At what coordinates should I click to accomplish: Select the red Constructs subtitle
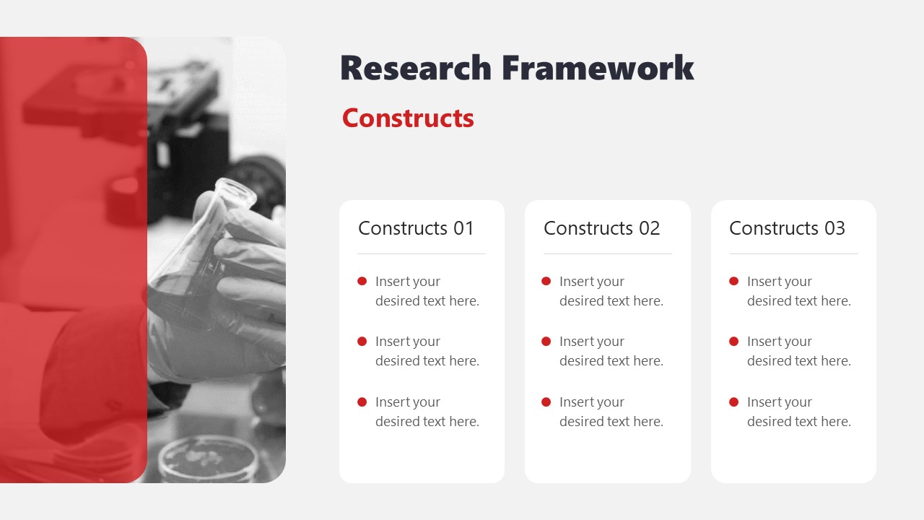[408, 118]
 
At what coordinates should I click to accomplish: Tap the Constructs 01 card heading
[416, 228]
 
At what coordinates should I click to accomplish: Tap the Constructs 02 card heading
[601, 228]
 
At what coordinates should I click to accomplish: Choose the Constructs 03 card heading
[787, 228]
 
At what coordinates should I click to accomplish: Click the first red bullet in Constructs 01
[362, 281]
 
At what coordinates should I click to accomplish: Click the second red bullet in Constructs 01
[362, 341]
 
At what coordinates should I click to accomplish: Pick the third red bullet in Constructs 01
[362, 402]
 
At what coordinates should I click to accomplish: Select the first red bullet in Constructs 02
[546, 281]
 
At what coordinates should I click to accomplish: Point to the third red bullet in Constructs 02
[546, 402]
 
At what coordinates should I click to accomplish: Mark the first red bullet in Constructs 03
[734, 281]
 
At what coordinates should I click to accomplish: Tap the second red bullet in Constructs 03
[734, 341]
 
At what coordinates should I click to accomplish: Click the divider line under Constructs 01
[422, 253]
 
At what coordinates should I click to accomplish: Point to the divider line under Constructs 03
[793, 253]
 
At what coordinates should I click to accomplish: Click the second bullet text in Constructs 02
[611, 351]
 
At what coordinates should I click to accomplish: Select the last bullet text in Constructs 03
[798, 412]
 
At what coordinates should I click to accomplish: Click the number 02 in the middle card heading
[649, 228]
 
